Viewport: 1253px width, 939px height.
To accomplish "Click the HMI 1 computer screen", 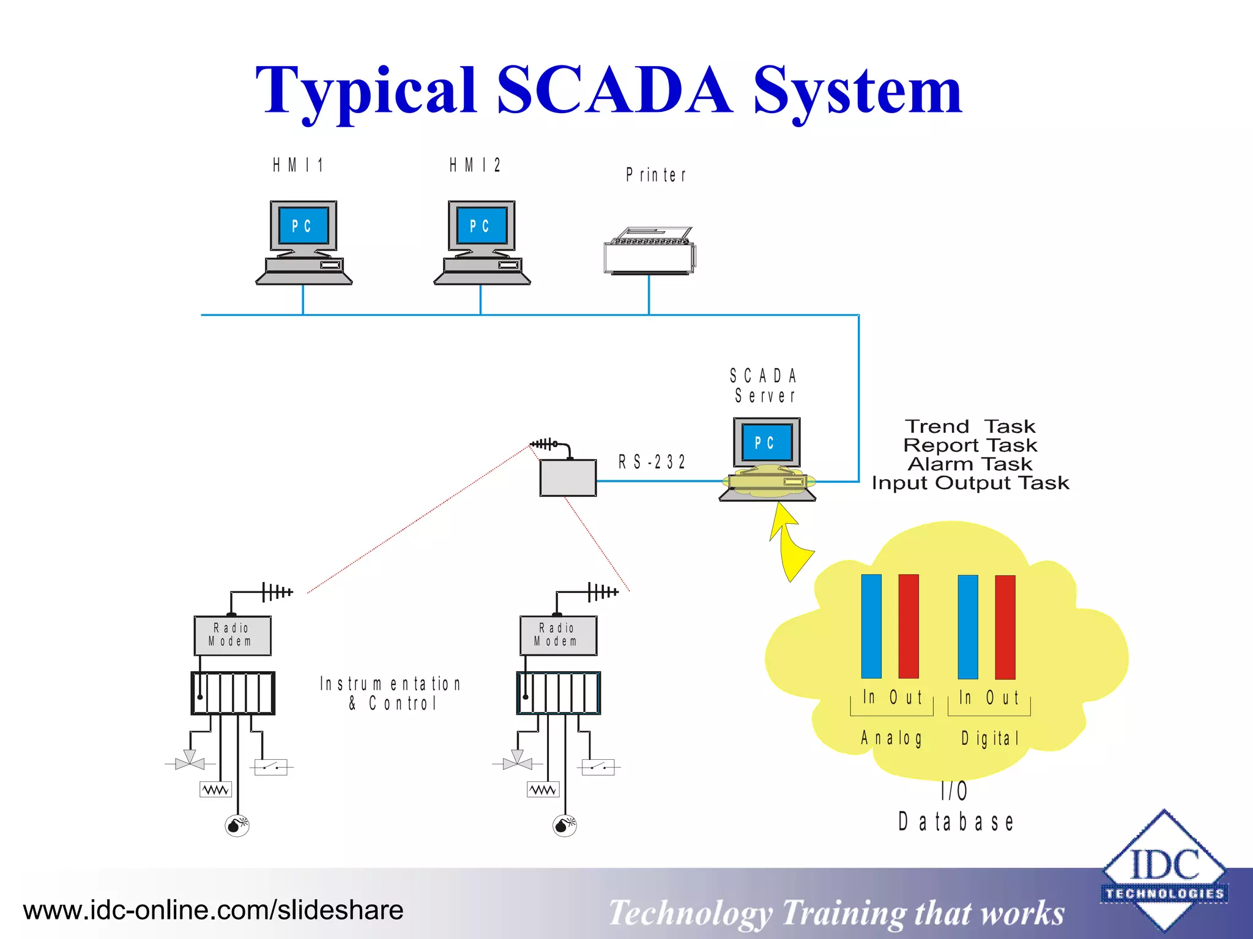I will click(303, 226).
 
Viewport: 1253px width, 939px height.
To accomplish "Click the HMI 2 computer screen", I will click(481, 226).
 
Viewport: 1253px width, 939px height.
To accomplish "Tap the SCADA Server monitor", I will click(767, 443).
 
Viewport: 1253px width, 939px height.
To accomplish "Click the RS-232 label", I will click(652, 462).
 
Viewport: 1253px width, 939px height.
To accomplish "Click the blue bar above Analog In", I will click(871, 626).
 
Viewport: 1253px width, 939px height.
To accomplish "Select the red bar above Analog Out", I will click(909, 626).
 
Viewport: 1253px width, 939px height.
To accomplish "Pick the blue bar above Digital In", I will click(968, 627).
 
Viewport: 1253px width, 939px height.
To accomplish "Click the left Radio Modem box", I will click(232, 636).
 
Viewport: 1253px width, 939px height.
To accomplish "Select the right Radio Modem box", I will click(558, 636).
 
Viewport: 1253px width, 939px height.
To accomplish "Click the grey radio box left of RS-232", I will click(568, 478).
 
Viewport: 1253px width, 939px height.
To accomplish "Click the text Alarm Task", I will click(970, 464).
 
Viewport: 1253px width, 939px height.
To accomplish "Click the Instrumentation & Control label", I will click(390, 693).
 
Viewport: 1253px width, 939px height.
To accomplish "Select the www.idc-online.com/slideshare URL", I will click(213, 910).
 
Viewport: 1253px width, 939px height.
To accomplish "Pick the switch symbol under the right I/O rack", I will click(598, 767).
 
